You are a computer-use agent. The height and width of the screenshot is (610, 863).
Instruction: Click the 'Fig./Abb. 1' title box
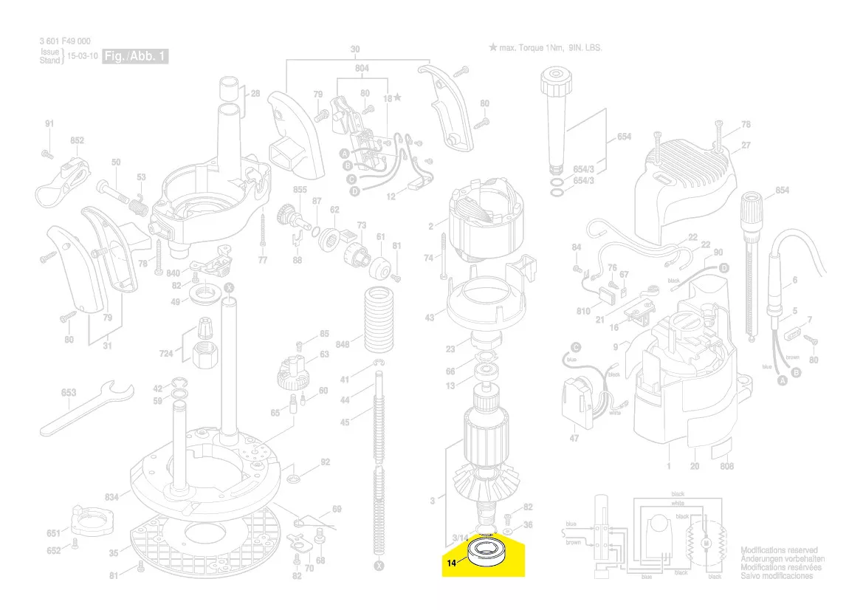tap(136, 57)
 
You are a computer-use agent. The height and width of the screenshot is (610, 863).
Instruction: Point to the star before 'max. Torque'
tap(492, 47)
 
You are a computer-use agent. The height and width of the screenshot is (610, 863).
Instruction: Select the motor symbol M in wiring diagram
tap(705, 544)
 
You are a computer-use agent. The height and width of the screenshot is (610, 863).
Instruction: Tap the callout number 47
tap(574, 439)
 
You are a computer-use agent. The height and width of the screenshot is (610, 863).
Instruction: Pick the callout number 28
tap(255, 94)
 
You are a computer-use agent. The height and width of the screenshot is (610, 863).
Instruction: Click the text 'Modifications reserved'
tap(779, 550)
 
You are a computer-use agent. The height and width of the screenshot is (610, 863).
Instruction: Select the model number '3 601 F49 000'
tap(65, 41)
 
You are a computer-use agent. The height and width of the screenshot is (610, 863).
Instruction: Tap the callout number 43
tap(430, 318)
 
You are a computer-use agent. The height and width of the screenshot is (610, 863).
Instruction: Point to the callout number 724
tap(166, 354)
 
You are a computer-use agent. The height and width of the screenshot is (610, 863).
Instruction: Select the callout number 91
tap(49, 124)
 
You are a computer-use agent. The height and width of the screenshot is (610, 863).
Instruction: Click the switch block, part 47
tap(577, 399)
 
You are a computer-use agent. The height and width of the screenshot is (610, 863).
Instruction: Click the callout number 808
tap(726, 466)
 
